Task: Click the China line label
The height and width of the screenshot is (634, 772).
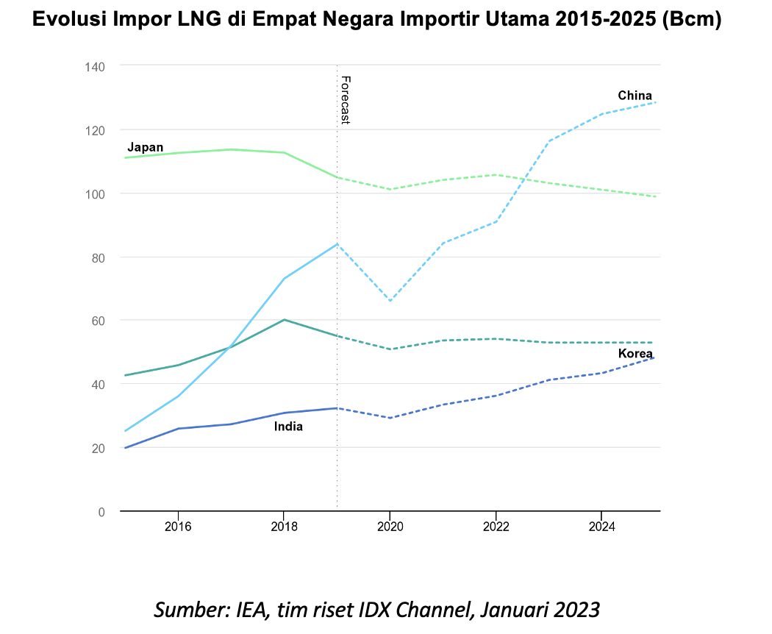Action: [635, 96]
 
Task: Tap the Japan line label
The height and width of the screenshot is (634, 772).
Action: [145, 147]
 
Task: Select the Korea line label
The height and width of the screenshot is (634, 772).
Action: [635, 354]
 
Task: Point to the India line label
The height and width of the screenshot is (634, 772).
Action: [288, 427]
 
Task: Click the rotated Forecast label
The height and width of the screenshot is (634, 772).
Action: [346, 99]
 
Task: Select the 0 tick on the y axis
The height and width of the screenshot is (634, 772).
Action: [101, 511]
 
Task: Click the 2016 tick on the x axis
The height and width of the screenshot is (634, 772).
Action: [178, 526]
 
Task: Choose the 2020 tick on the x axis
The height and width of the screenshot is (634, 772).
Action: [390, 526]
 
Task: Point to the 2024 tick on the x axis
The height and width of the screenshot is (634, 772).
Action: [601, 526]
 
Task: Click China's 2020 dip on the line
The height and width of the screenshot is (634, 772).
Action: [390, 301]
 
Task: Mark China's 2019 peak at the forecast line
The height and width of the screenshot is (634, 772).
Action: [337, 243]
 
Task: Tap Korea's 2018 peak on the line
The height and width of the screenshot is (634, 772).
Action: [284, 320]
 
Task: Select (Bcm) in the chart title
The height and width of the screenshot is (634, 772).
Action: [691, 20]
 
